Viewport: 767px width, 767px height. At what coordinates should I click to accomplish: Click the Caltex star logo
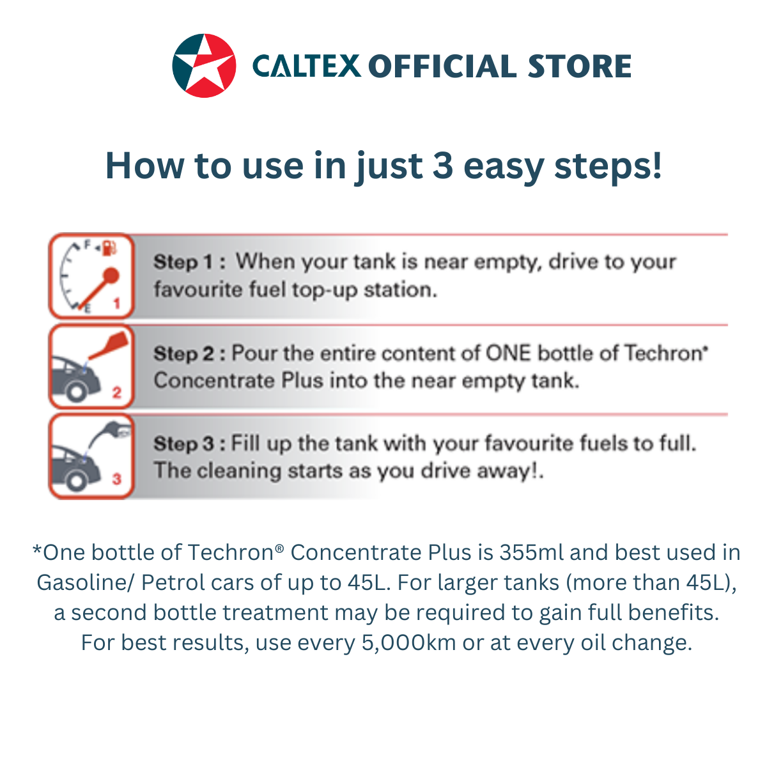pos(205,66)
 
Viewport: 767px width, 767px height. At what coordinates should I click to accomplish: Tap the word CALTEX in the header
pos(307,66)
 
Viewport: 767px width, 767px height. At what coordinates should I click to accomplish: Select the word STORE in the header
pos(580,66)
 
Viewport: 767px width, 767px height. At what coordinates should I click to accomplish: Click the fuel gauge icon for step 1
pos(91,276)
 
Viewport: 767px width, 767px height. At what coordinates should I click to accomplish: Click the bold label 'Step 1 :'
pos(189,262)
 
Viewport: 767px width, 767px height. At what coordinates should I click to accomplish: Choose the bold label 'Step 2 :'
pos(189,353)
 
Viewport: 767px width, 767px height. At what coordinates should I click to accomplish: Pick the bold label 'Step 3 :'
pos(189,444)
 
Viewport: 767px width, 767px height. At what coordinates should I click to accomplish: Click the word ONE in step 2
pos(508,353)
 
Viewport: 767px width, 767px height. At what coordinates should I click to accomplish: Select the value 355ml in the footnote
pos(532,552)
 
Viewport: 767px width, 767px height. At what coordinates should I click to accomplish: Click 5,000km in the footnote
pos(409,642)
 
